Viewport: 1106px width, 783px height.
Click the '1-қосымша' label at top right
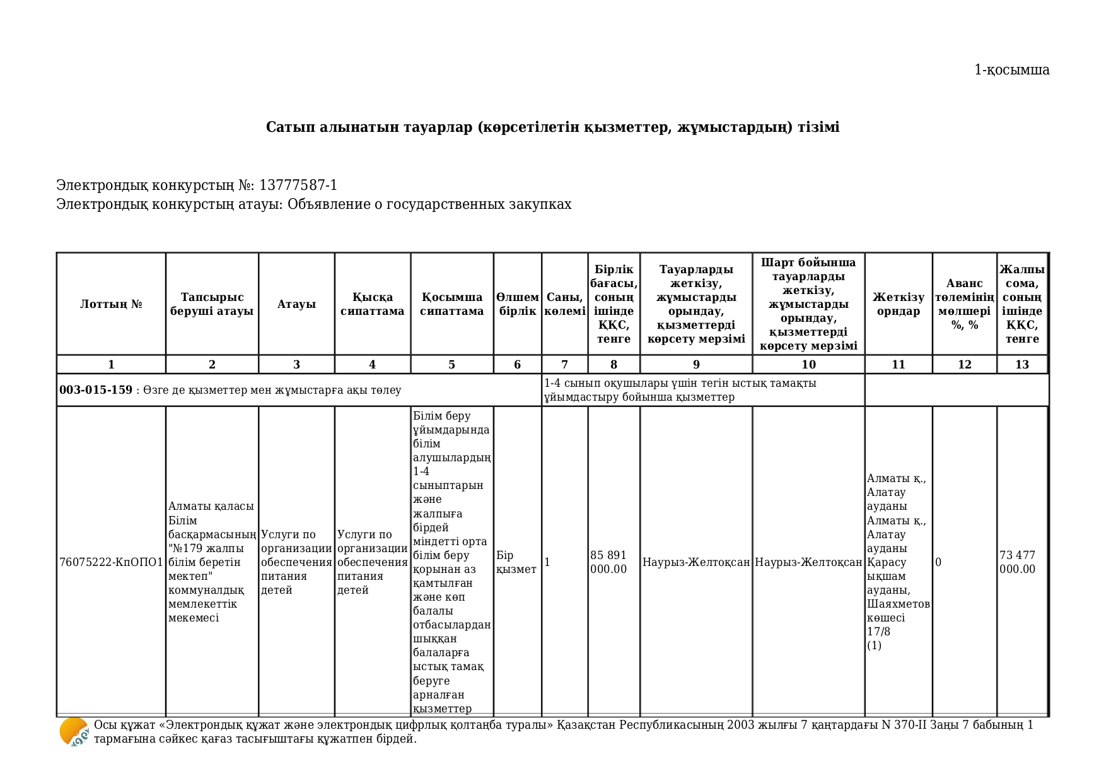1011,70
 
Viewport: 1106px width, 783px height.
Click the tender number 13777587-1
298,185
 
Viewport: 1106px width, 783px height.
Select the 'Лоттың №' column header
111,304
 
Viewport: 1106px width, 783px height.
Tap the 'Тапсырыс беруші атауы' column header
212,304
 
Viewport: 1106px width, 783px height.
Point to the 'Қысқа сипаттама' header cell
372,304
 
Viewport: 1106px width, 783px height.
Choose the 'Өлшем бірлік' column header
517,304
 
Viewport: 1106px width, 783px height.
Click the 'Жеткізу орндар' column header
898,304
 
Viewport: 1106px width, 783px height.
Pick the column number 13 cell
1022,365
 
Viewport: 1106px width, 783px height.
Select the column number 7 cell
564,365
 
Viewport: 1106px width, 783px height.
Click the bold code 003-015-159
96,390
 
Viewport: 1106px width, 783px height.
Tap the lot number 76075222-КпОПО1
111,562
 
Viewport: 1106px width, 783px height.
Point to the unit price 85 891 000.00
608,562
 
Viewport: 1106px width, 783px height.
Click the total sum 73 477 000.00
1017,562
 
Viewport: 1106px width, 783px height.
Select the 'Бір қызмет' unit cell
516,562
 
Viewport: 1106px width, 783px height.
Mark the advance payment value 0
938,562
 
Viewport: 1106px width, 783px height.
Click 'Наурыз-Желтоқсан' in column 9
696,562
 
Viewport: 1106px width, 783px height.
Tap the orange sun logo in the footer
73,732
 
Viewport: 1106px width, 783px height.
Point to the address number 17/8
878,632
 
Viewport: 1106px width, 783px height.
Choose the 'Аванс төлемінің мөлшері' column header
964,304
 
